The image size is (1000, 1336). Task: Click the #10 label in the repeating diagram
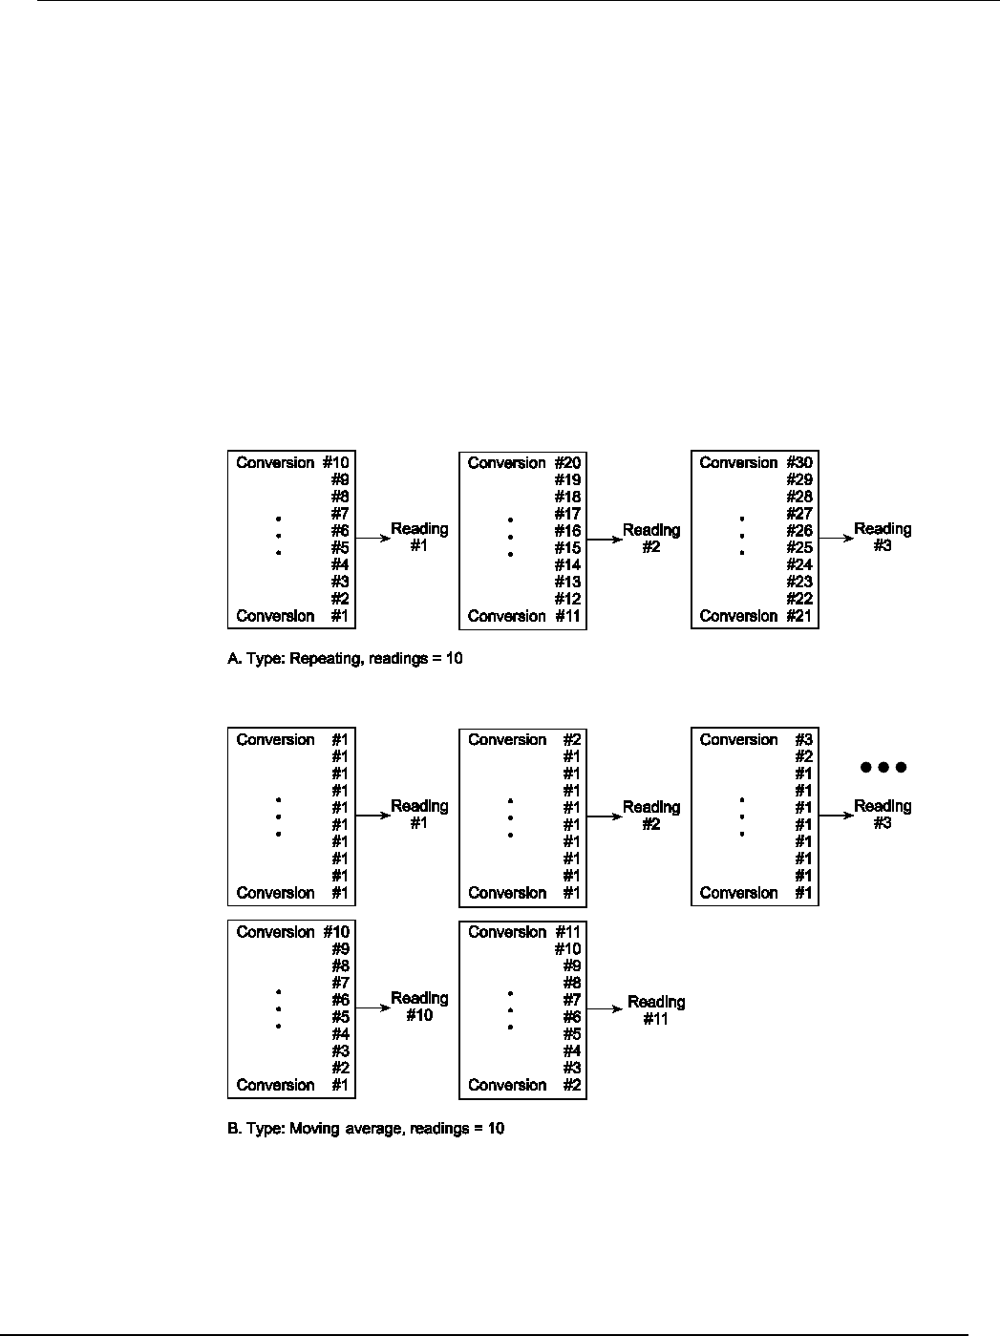point(337,463)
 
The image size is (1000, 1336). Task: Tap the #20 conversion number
point(568,463)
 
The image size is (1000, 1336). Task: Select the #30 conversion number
point(800,463)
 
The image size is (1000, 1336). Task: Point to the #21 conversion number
point(800,616)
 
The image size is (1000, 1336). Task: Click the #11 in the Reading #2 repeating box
point(568,616)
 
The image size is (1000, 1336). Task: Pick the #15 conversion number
point(568,548)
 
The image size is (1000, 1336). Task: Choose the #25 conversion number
point(800,548)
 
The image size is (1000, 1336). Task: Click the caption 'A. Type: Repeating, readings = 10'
point(345,659)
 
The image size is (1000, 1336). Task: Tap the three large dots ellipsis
point(883,767)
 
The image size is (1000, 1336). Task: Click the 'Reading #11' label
point(656,1009)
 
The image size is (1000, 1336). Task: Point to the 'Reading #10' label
point(419,1007)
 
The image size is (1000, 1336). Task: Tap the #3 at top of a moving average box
point(804,740)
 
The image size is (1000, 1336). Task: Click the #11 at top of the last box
point(568,932)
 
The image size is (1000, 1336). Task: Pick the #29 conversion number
point(800,480)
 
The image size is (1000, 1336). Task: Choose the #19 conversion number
point(568,480)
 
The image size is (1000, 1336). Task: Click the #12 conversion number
point(568,599)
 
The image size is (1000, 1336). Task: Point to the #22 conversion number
point(800,599)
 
